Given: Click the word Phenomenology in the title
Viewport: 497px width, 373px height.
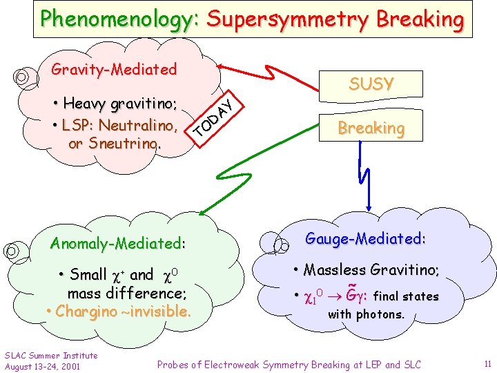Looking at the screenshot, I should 119,19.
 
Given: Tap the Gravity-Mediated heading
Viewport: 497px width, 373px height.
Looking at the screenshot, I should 114,69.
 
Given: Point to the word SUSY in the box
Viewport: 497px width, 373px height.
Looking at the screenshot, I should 371,84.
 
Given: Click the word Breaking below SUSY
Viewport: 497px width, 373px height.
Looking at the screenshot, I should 371,128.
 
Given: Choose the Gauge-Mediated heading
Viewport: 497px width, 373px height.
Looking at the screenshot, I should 365,239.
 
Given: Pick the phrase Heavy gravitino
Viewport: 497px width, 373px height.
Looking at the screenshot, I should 120,104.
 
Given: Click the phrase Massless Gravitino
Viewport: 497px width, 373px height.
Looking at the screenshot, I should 371,269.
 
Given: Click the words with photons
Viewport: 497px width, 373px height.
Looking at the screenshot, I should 366,315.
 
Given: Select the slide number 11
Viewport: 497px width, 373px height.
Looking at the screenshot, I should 487,363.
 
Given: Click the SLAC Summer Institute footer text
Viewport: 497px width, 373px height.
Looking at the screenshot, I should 51,356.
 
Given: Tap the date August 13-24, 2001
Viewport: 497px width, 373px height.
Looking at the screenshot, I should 43,365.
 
